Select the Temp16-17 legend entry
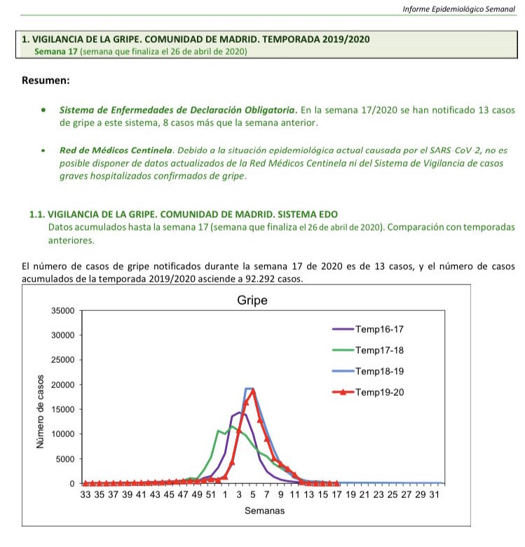378,328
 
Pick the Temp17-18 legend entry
378,349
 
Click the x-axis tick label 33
86,494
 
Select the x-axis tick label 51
210,494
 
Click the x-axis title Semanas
264,511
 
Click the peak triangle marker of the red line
252,390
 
